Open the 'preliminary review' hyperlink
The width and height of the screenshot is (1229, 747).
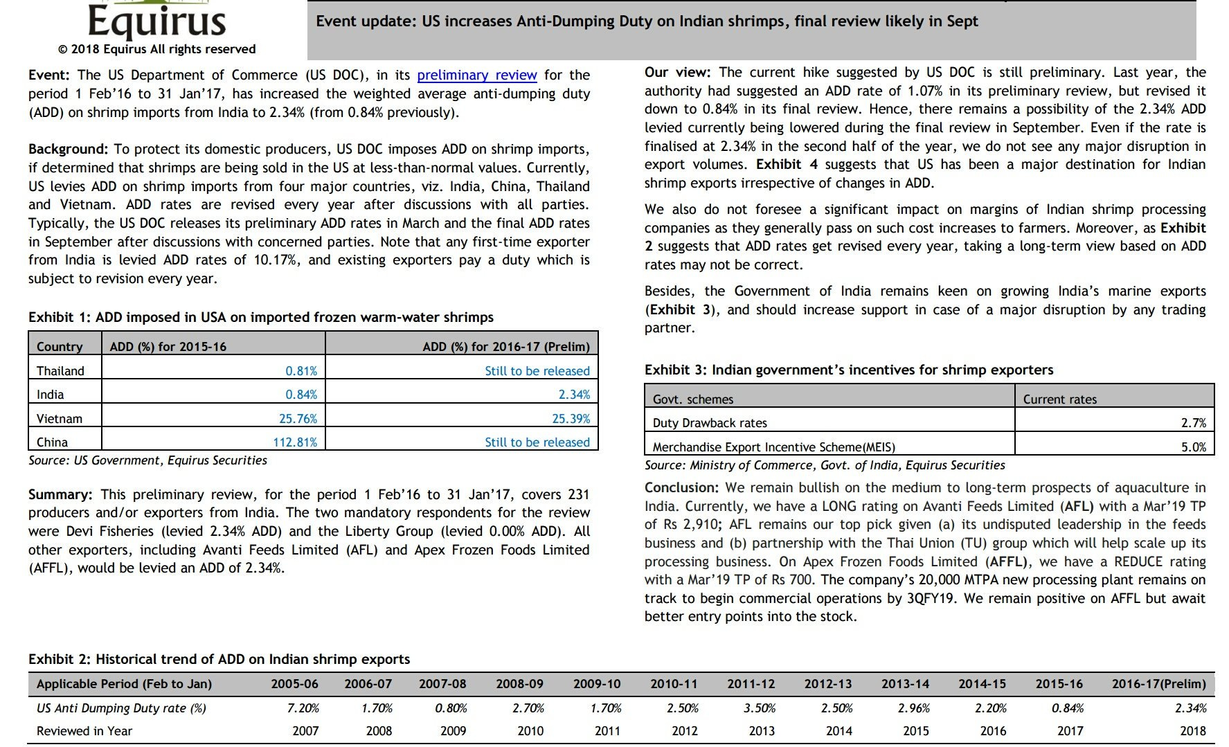tap(476, 75)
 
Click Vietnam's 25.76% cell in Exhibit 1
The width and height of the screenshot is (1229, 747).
tap(293, 419)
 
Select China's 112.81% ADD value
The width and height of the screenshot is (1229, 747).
tap(294, 442)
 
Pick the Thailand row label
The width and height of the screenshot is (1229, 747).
tap(60, 371)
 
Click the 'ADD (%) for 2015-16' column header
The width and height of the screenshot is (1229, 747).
tap(168, 347)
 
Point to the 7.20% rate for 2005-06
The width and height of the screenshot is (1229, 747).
tap(303, 708)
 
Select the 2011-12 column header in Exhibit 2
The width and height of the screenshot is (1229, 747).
tap(751, 684)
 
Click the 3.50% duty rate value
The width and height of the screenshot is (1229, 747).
tap(759, 708)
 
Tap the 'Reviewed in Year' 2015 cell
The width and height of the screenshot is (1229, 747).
tap(916, 731)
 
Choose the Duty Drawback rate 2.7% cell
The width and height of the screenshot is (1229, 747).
tap(1193, 423)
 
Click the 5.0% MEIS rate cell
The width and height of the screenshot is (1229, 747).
tap(1193, 447)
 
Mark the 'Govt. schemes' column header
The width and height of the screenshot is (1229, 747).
tap(693, 399)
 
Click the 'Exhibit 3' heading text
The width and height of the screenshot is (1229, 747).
tap(848, 370)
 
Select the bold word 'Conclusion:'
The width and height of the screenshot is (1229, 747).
tap(681, 488)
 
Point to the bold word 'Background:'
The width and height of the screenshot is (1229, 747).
tap(68, 150)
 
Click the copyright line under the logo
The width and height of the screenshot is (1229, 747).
tap(156, 49)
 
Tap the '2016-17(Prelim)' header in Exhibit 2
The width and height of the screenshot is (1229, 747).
tap(1158, 684)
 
